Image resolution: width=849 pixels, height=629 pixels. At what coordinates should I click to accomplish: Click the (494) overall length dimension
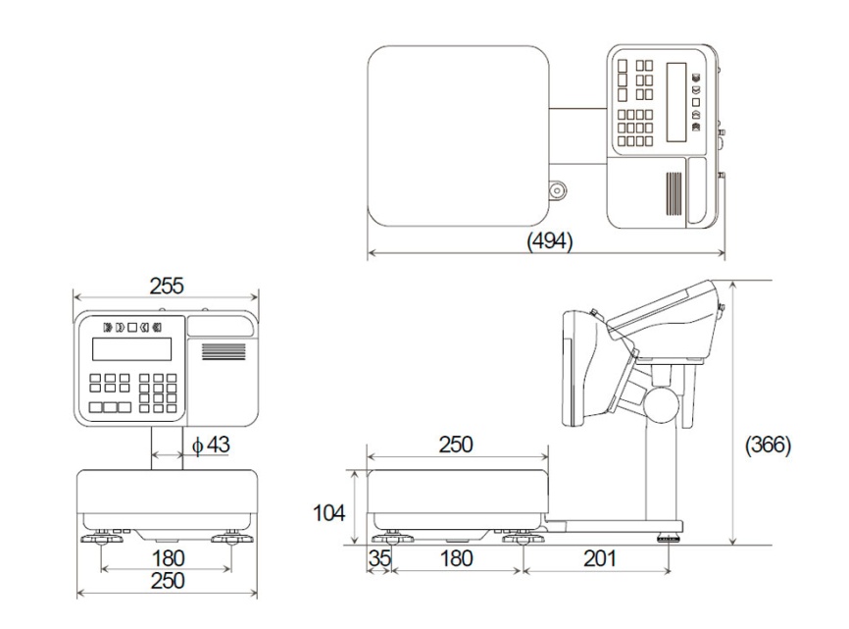[550, 240]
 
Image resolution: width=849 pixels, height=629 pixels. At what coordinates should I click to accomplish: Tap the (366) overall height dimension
[768, 445]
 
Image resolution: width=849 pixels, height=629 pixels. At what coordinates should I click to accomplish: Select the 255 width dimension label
[167, 286]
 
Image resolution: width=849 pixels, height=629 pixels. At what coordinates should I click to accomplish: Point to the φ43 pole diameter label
[211, 445]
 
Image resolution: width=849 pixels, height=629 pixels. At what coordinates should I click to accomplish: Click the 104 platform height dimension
[328, 512]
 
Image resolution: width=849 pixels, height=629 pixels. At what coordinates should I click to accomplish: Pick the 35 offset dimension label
[379, 558]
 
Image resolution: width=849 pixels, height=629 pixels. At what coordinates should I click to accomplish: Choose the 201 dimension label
[599, 558]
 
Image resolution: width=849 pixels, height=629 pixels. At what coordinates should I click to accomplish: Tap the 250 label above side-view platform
[456, 445]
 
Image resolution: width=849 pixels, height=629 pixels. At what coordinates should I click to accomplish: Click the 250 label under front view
[168, 580]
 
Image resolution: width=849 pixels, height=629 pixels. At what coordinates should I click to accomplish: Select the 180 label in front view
[168, 558]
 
